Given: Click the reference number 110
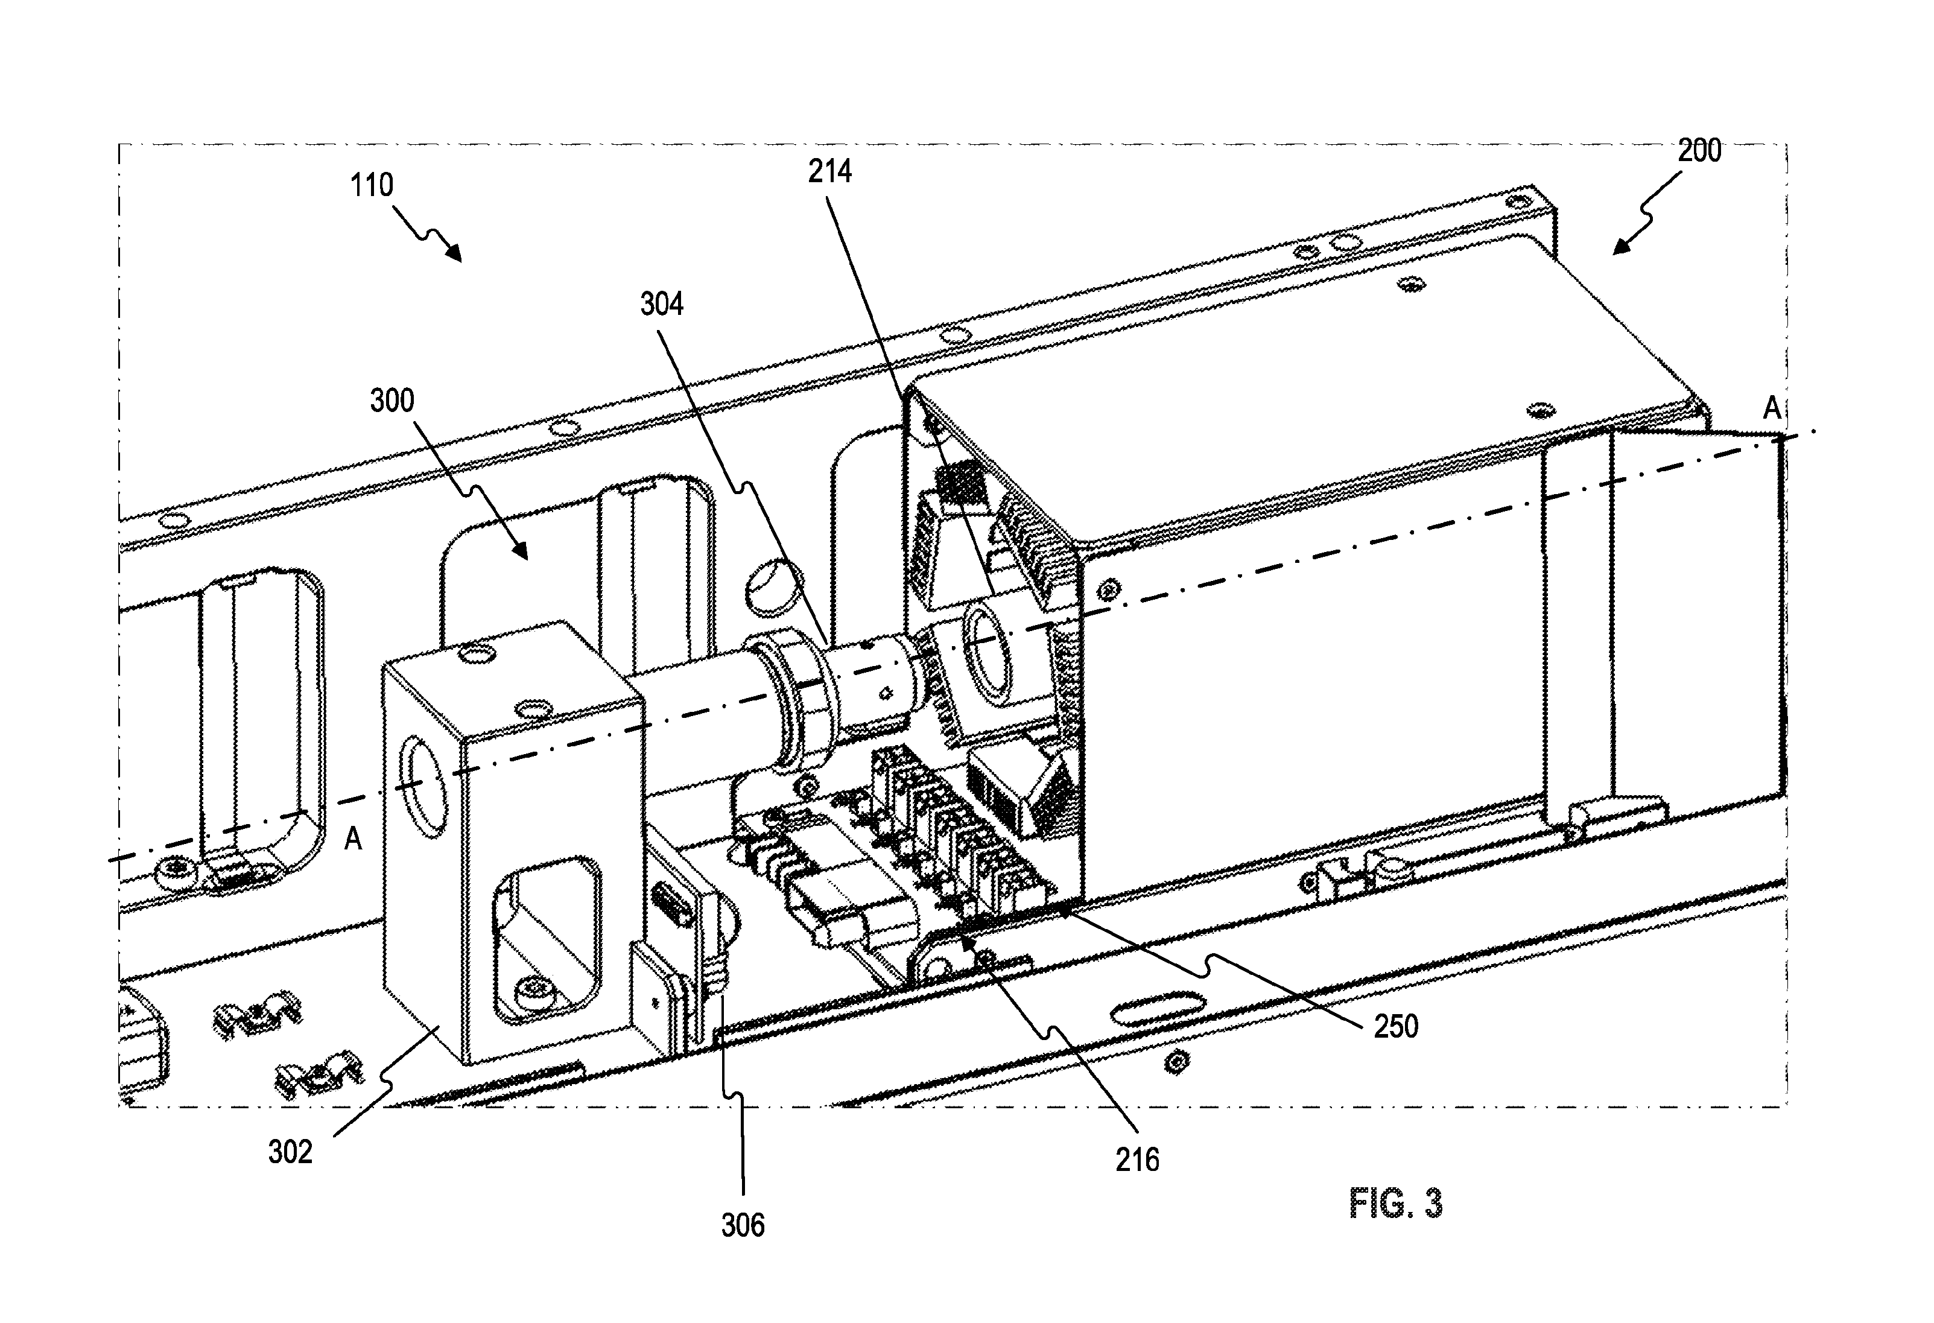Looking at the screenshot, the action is pos(371,185).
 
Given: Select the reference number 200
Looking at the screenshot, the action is pos(1699,151).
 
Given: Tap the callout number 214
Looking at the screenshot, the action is pos(829,171).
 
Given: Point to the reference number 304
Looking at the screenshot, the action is pos(662,305).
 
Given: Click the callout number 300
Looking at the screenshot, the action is pos(392,401).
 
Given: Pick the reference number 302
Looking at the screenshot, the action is pos(290,1152).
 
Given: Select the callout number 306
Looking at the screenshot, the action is pos(743,1225).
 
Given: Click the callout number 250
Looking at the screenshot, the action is pos(1395,1027).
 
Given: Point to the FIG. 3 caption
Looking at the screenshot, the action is pos(1395,1204).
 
